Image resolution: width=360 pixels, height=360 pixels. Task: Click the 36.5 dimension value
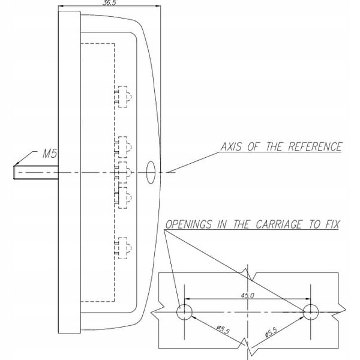point(109,3)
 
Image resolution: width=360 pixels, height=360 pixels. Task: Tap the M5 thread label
point(50,154)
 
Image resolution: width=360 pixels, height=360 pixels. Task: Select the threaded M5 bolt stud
point(36,172)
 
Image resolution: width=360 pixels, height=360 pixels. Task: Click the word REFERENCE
point(315,147)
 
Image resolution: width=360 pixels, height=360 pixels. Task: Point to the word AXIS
point(231,147)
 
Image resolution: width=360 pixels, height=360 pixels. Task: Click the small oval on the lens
point(151,172)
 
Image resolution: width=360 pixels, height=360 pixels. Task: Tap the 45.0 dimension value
point(247,295)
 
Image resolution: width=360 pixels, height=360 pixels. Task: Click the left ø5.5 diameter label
point(223,330)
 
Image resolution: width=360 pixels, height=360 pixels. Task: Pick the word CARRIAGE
point(278,224)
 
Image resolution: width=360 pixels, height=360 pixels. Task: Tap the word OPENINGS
point(189,224)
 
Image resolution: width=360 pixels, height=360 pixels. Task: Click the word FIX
point(332,224)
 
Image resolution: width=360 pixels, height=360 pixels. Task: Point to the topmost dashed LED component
point(123,97)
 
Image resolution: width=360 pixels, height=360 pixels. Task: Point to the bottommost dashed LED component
point(123,248)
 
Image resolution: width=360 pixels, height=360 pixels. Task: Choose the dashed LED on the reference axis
point(123,172)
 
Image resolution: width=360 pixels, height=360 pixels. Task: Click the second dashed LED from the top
point(123,147)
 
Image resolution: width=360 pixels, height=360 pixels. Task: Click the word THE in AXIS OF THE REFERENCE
point(274,147)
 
